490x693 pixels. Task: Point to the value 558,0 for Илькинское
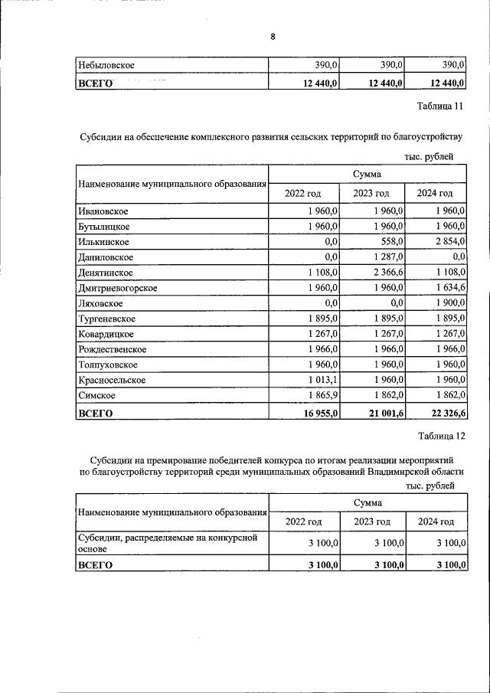point(389,241)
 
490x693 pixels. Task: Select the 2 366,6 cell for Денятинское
point(386,272)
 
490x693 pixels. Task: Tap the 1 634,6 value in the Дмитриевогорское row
point(448,288)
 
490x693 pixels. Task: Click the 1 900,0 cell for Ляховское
point(448,303)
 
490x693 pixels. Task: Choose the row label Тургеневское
point(107,319)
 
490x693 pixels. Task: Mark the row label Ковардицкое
point(106,334)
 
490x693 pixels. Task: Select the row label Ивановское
point(103,211)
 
